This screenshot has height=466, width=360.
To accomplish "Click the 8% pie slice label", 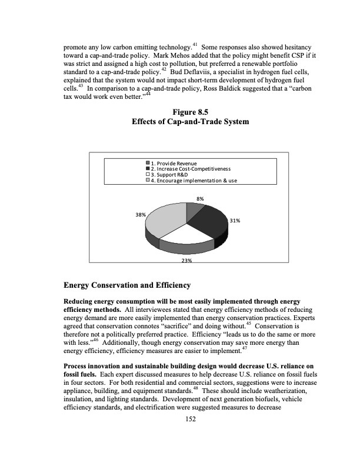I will (x=201, y=199).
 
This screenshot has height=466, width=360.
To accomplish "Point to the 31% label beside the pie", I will (x=234, y=221).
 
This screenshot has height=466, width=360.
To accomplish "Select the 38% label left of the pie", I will (x=141, y=215).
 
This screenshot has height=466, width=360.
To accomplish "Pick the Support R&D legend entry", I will (x=171, y=174).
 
